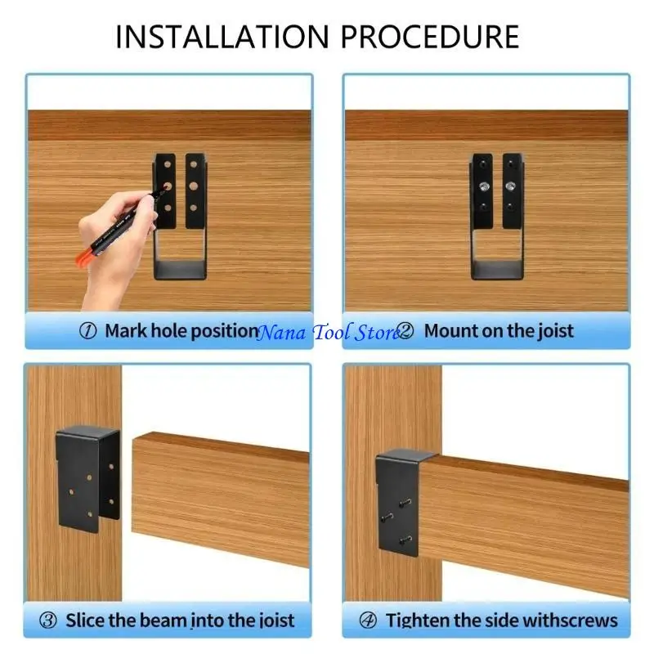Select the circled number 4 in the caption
pos(369,620)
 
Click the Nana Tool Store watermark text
pos(327,332)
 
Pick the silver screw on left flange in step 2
pos(483,187)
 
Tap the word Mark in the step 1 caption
pos(125,331)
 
